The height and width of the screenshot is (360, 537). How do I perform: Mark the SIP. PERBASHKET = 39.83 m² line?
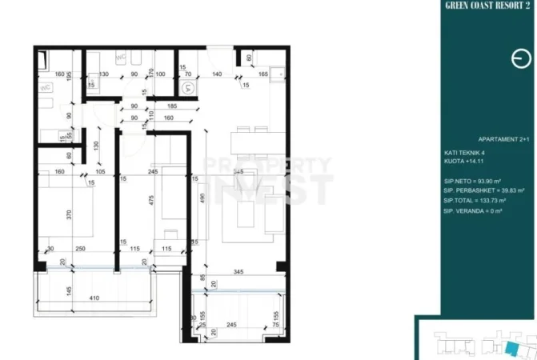483,190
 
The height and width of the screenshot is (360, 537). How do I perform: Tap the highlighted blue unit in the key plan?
511,347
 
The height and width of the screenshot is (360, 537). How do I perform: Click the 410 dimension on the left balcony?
94,300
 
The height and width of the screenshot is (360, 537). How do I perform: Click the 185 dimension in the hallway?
171,106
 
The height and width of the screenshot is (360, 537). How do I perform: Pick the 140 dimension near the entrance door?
215,74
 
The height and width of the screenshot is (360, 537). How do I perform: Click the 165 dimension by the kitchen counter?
262,74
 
